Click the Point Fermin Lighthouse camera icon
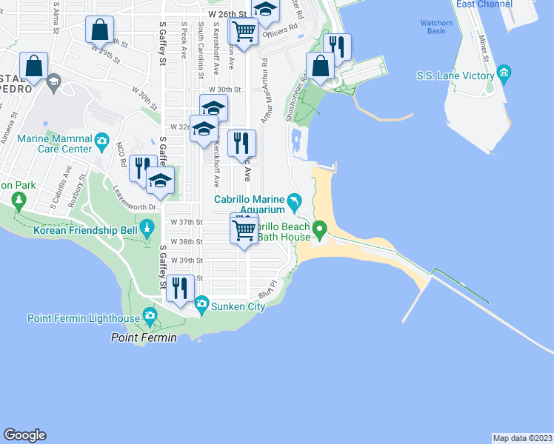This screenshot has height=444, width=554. coord(150,318)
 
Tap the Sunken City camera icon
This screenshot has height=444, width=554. coord(201,303)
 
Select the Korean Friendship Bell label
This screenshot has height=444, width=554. coord(86,230)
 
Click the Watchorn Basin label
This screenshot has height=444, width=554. coord(436,27)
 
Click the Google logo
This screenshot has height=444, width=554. coord(24,435)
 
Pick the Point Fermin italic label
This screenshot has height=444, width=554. coord(144,338)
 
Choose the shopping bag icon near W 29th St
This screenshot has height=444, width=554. coord(99,30)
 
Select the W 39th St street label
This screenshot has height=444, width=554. coord(187,260)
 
